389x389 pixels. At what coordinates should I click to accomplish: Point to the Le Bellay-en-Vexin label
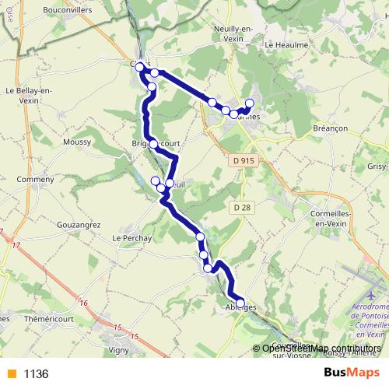click(x=29, y=94)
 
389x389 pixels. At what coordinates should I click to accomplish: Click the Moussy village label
click(x=77, y=142)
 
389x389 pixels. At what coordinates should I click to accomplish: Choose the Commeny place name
click(x=35, y=179)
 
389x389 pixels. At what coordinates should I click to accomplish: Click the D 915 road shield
click(x=243, y=160)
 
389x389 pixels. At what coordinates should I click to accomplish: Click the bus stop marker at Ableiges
click(x=240, y=303)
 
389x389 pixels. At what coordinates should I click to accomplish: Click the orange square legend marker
click(x=11, y=374)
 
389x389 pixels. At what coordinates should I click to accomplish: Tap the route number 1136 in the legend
click(x=37, y=374)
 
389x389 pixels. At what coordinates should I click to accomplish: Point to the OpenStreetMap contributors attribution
click(x=321, y=349)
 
